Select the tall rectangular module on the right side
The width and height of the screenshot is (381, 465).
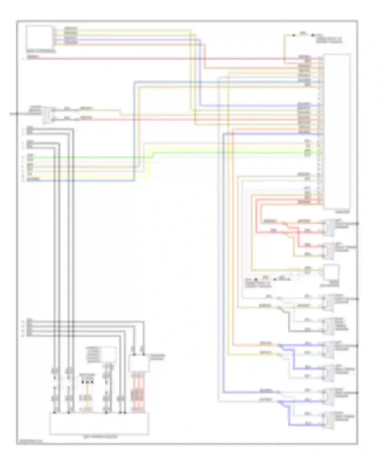click(337, 131)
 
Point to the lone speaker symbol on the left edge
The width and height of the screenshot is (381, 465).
click(48, 115)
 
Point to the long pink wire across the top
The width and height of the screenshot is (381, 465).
click(152, 59)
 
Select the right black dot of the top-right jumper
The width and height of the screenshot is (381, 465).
click(313, 35)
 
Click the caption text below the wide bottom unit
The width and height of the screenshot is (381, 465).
click(101, 437)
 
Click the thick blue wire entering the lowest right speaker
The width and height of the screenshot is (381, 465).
click(305, 425)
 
